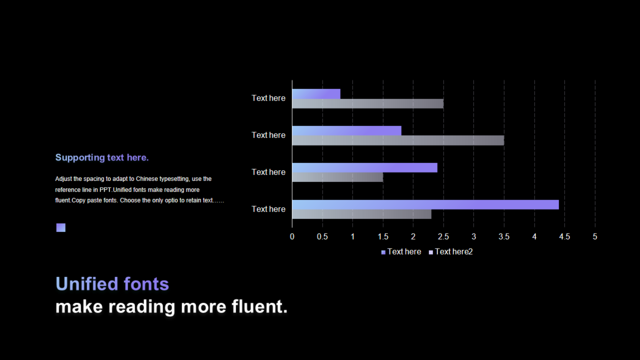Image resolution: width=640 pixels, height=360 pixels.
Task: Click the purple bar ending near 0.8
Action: (316, 94)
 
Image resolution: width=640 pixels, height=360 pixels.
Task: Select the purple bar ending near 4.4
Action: (425, 205)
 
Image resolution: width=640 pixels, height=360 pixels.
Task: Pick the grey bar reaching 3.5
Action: (398, 140)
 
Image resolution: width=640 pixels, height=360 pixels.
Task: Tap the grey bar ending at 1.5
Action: (337, 177)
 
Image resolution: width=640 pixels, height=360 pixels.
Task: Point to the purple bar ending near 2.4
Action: (365, 167)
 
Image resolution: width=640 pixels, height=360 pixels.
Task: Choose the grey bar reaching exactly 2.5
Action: (367, 103)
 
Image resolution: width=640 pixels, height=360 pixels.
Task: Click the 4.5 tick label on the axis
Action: (564, 236)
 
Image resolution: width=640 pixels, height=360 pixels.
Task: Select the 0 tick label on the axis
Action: (292, 236)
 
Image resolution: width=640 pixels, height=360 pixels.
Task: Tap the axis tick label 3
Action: (473, 236)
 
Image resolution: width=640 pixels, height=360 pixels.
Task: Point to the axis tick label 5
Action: (595, 236)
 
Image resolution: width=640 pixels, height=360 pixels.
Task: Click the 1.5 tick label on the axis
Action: (383, 236)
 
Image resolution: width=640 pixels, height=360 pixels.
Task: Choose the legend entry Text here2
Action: (451, 251)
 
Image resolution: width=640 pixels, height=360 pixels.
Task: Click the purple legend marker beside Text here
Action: (383, 252)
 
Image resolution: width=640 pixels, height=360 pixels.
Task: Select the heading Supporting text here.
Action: (102, 157)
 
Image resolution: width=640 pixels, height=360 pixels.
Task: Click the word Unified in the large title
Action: (87, 283)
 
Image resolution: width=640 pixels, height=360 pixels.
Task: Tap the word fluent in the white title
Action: (256, 306)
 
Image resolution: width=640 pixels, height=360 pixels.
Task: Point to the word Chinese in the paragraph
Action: (147, 179)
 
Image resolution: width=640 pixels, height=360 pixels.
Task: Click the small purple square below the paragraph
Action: (61, 227)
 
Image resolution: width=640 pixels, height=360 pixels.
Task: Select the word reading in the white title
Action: (141, 307)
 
